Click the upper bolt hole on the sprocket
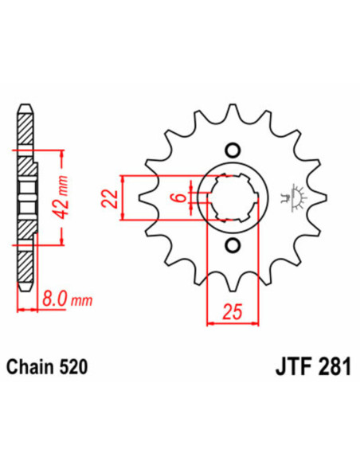233,149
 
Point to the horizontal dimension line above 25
233,323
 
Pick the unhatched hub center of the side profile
24,196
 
